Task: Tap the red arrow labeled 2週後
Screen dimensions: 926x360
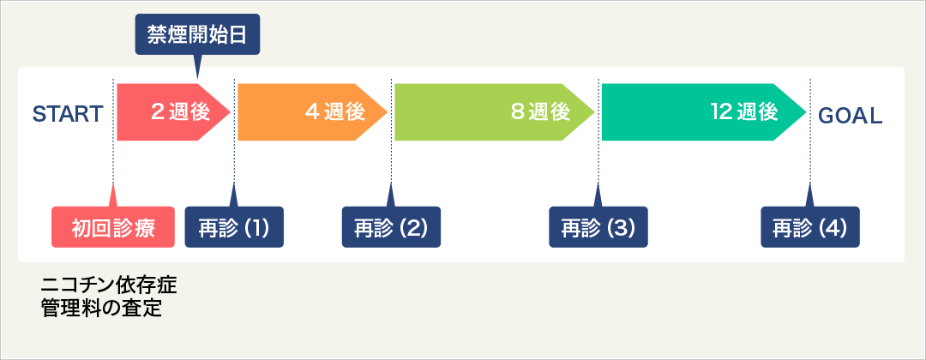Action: pos(173,112)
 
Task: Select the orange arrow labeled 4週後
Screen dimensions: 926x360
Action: pos(312,112)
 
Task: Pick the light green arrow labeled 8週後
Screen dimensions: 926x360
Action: pos(495,112)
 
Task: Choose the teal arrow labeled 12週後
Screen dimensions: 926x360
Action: pos(704,112)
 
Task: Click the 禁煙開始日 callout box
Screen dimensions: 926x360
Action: pos(197,34)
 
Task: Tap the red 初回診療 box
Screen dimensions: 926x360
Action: pos(113,226)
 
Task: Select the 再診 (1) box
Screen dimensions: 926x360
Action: pos(234,226)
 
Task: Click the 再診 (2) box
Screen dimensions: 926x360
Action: pos(391,226)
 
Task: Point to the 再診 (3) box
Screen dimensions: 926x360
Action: pos(598,226)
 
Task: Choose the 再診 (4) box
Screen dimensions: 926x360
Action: pos(809,226)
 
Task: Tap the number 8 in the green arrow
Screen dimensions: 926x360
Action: pos(517,112)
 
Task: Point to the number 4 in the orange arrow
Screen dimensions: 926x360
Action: pos(312,112)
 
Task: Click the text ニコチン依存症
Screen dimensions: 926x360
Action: pos(109,286)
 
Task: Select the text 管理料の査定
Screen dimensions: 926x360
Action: pos(101,309)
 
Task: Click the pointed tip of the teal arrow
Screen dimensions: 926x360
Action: pos(806,112)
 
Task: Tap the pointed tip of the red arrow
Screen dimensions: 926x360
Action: pos(231,112)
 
